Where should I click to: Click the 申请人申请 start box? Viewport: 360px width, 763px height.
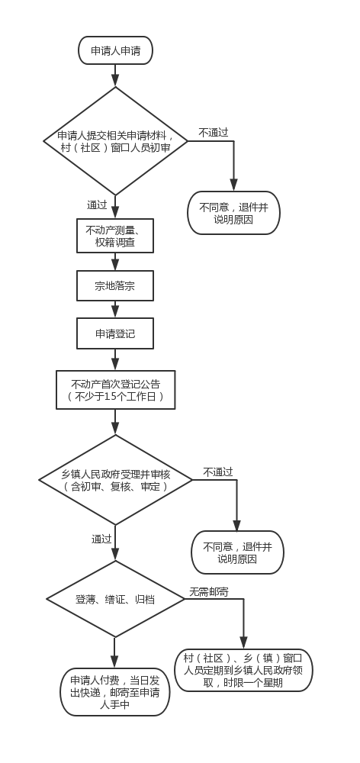click(x=115, y=50)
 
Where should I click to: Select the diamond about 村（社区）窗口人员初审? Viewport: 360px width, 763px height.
click(x=115, y=141)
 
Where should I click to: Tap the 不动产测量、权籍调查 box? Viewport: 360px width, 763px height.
click(x=115, y=236)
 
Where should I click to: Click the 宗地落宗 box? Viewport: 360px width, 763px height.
click(x=115, y=285)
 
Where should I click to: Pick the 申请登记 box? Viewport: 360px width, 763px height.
click(x=115, y=333)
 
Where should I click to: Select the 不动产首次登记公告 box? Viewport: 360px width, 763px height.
click(x=115, y=390)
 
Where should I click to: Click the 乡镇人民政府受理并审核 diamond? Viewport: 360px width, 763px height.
click(x=115, y=480)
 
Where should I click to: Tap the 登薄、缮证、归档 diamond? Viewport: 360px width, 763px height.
click(x=115, y=599)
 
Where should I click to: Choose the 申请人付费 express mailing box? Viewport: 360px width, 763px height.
click(x=115, y=692)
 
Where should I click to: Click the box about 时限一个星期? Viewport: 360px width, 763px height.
click(x=243, y=670)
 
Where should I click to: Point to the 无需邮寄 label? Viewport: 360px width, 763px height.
click(x=209, y=592)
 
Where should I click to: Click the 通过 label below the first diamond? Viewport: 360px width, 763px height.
click(x=97, y=204)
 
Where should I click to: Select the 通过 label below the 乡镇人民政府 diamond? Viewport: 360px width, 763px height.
click(x=101, y=539)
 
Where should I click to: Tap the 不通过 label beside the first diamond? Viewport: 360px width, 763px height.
click(x=213, y=132)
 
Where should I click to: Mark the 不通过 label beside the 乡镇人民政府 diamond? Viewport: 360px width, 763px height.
click(x=218, y=472)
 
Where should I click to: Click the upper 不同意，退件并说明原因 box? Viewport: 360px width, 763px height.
click(x=233, y=213)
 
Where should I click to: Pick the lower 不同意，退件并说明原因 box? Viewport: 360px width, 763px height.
click(x=237, y=552)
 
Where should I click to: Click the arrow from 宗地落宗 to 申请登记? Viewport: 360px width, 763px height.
click(x=115, y=310)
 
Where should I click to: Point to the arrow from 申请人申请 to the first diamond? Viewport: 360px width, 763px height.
click(x=115, y=76)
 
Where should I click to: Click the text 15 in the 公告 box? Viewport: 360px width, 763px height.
click(x=110, y=397)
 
